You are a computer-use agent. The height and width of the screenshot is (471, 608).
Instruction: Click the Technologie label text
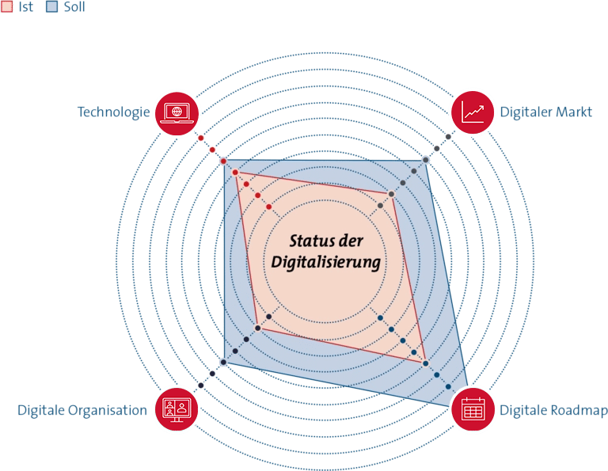[114, 112]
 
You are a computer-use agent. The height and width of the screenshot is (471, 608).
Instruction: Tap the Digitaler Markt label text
[545, 112]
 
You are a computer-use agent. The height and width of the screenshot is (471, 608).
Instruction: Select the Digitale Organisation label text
[82, 410]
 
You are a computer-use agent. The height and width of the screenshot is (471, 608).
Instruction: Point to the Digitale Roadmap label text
[553, 410]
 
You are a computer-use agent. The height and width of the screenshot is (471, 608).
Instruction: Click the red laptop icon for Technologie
[177, 113]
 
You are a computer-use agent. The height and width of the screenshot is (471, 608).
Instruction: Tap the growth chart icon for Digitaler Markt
[473, 112]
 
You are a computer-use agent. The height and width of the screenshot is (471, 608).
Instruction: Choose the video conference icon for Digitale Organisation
[177, 409]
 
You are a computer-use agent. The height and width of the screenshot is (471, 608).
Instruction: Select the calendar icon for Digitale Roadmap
[473, 409]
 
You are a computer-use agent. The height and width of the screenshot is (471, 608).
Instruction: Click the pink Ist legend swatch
[6, 6]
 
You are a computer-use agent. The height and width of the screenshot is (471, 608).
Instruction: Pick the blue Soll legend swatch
[52, 6]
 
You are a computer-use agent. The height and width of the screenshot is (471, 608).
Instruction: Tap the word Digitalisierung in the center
[325, 263]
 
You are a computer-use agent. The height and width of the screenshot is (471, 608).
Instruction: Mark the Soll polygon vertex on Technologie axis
[223, 161]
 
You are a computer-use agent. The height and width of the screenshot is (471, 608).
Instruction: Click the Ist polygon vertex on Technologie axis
[235, 172]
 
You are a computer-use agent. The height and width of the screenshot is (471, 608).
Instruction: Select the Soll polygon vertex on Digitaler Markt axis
[426, 160]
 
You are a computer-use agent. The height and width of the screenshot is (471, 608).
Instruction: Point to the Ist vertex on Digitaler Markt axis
[392, 194]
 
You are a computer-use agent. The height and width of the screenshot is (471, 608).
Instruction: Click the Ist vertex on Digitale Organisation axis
[257, 329]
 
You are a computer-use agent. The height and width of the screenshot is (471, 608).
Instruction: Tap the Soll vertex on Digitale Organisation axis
[223, 362]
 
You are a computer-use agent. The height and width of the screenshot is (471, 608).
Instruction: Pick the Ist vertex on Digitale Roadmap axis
[426, 363]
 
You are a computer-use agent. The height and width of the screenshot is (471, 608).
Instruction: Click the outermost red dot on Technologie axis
[201, 138]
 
